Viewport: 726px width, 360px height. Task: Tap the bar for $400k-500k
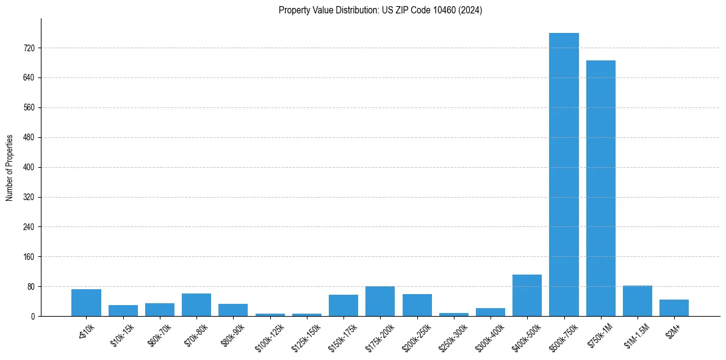[527, 295]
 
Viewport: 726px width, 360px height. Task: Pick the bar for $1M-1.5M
[638, 301]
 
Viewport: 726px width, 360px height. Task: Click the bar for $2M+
[674, 308]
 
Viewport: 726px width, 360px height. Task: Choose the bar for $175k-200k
[380, 301]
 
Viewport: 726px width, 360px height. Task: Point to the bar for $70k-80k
[196, 304]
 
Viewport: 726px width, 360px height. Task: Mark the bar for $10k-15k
[123, 311]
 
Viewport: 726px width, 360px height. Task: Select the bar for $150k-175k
[343, 305]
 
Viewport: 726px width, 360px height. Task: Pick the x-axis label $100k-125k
[270, 333]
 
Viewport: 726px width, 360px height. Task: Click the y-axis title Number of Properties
[9, 168]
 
